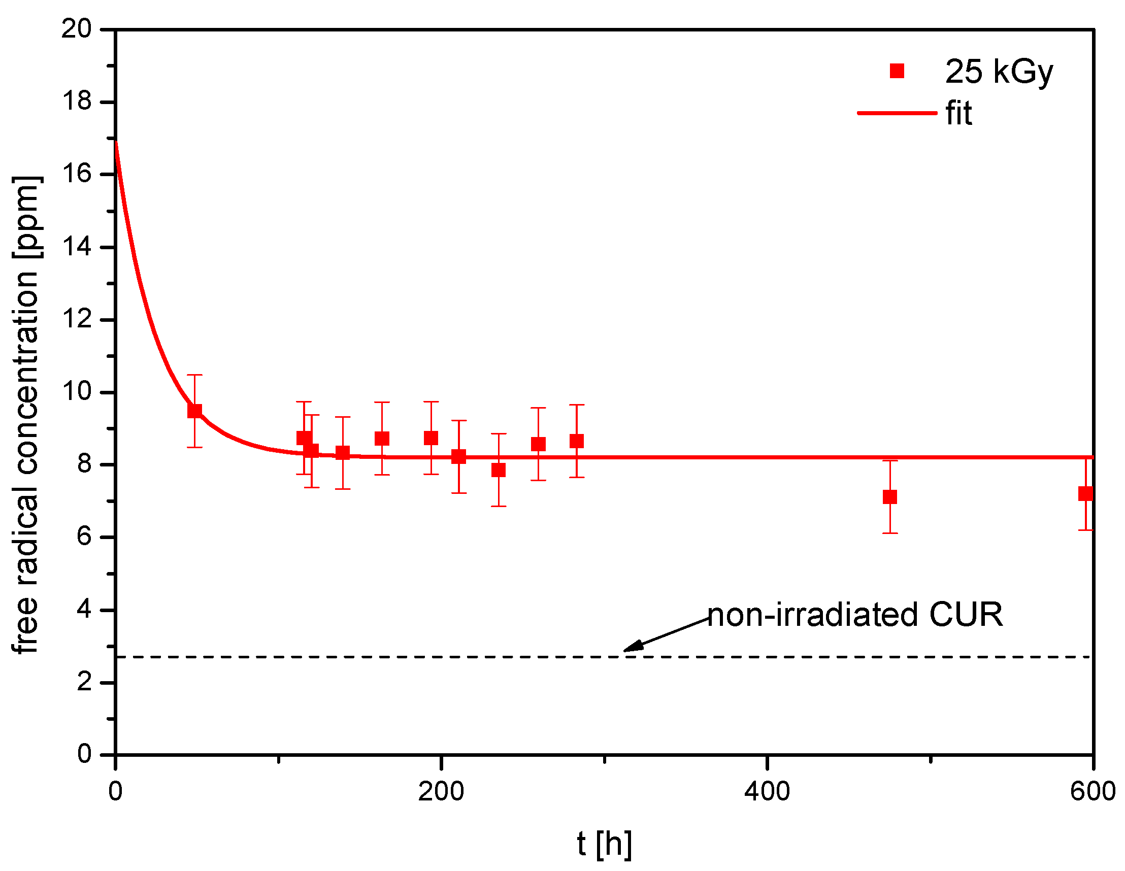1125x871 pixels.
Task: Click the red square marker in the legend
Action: [x=897, y=71]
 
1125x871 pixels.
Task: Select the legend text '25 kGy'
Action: [x=999, y=72]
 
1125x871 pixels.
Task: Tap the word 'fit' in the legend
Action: [x=958, y=113]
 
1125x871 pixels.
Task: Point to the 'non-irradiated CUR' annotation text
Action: [x=855, y=615]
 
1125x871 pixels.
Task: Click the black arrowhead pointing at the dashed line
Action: [x=633, y=647]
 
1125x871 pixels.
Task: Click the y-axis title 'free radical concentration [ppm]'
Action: [x=26, y=415]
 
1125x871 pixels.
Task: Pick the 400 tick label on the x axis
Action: [x=767, y=791]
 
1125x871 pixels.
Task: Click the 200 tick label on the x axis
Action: [x=441, y=791]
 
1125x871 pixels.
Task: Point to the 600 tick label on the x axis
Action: [x=1093, y=791]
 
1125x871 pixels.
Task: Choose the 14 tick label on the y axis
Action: [x=76, y=247]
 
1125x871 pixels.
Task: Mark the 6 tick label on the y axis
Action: [x=84, y=537]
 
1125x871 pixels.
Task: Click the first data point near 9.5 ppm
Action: [x=194, y=411]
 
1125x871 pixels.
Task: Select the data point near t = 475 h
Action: [x=889, y=497]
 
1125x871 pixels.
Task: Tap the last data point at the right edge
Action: [x=1085, y=494]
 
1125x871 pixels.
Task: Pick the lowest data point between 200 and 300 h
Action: [x=498, y=470]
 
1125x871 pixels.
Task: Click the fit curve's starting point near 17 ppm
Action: [x=117, y=143]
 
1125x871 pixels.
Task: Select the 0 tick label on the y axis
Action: [x=84, y=754]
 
